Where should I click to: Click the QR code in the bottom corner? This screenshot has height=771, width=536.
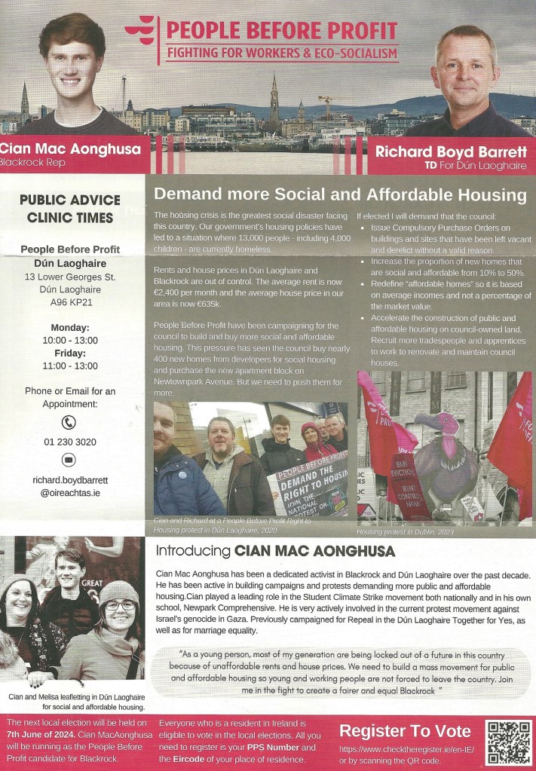(508, 742)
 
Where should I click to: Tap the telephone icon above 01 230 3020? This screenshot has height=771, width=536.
(69, 422)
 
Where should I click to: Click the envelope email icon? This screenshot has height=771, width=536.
(69, 459)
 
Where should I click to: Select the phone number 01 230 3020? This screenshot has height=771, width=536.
(70, 442)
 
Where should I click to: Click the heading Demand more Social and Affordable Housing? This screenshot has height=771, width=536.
(340, 195)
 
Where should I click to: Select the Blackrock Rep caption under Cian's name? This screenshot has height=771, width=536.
(33, 162)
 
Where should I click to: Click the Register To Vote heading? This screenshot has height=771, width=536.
(406, 730)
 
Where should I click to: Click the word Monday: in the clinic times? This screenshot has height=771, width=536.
(70, 328)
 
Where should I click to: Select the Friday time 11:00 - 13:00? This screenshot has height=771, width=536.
(70, 366)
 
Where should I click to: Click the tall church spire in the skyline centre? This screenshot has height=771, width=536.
(274, 94)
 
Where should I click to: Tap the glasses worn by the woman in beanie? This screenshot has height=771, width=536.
(120, 604)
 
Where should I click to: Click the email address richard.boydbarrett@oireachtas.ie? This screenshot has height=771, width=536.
(69, 485)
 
